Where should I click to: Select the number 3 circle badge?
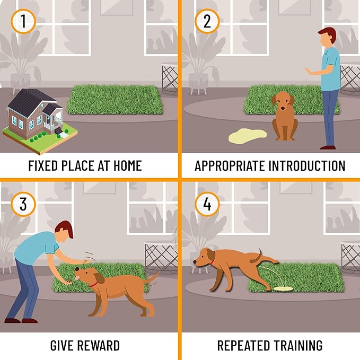22,204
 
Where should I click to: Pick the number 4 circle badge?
207,204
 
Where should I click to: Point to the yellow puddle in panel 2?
248,136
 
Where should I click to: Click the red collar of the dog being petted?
94,284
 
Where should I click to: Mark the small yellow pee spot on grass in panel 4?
284,289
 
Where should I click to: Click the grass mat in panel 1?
115,99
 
